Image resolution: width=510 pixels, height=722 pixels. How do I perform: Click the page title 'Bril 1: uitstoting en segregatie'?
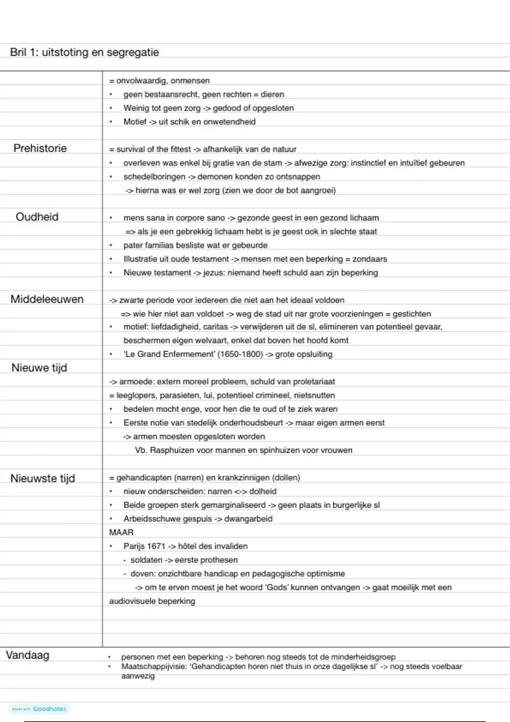click(x=85, y=52)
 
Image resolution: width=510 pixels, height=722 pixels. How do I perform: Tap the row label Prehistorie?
click(x=40, y=148)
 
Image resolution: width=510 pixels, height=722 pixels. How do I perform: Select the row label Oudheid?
click(x=37, y=217)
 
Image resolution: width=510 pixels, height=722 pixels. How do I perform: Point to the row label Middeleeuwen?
click(x=47, y=299)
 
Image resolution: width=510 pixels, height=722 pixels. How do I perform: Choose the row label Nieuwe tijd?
click(x=39, y=368)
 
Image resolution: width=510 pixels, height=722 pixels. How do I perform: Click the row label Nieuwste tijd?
click(x=42, y=478)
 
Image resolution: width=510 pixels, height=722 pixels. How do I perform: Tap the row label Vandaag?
click(x=28, y=655)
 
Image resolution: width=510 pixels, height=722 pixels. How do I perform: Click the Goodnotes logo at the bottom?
click(x=39, y=709)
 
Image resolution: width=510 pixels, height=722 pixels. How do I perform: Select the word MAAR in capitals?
click(x=121, y=532)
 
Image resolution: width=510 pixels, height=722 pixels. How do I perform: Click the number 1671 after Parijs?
click(x=156, y=546)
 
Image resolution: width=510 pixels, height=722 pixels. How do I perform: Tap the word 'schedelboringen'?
click(x=154, y=177)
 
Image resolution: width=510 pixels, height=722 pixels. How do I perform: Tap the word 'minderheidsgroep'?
click(x=363, y=657)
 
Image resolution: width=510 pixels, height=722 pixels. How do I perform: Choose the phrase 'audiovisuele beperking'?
click(x=152, y=601)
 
